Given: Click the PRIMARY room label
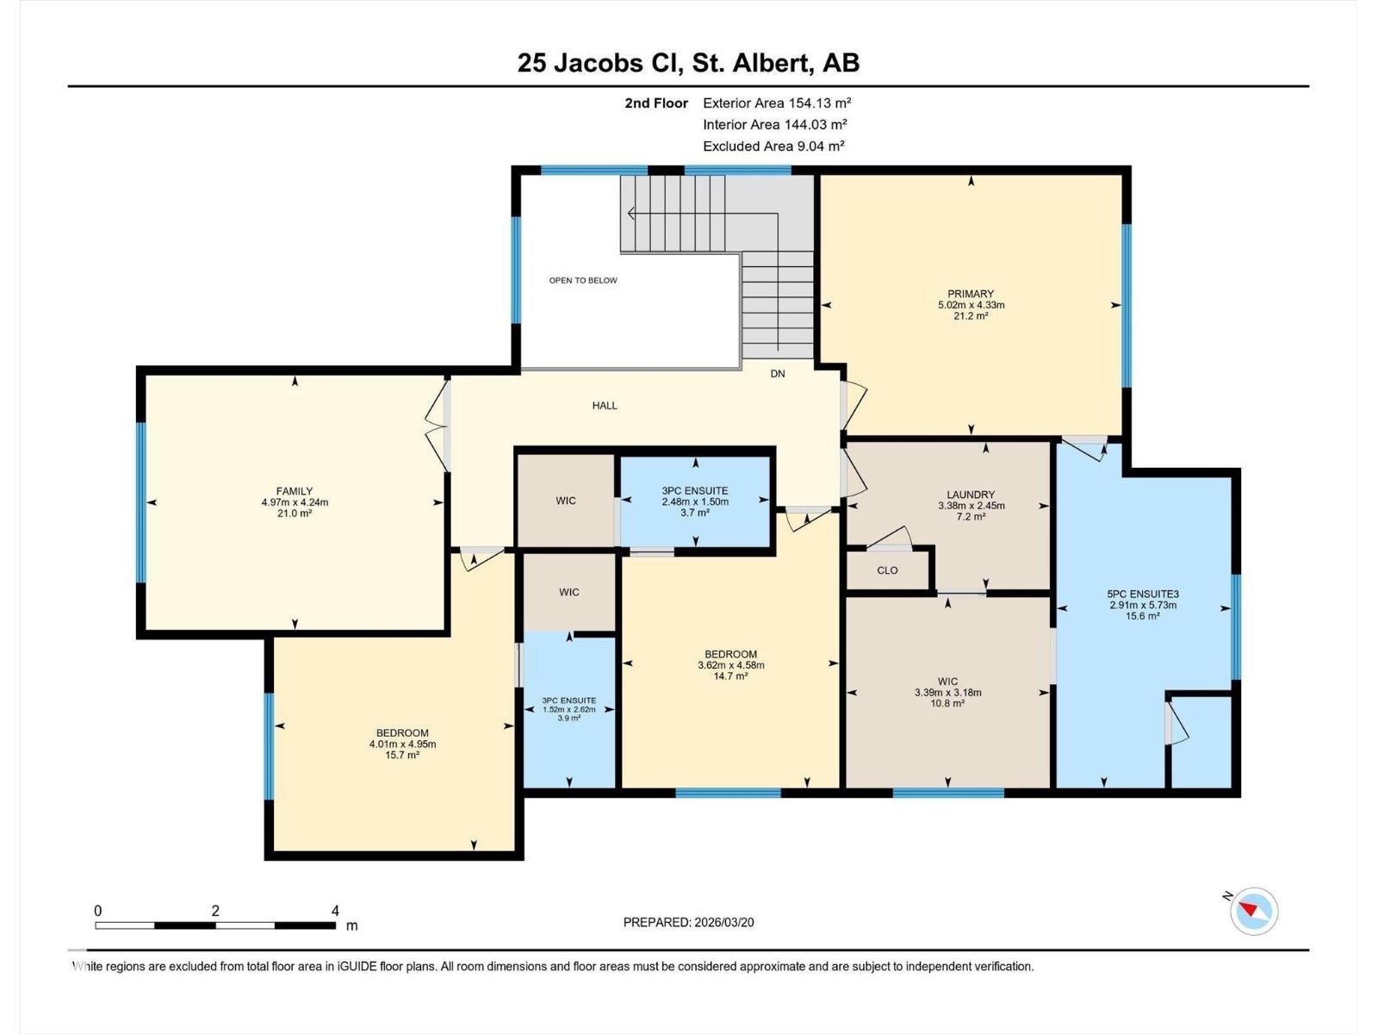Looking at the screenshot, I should pos(971,294).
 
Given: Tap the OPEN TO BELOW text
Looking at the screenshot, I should pos(583,280).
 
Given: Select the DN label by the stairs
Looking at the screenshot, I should pos(778,374).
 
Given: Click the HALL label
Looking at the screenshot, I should pos(605,405).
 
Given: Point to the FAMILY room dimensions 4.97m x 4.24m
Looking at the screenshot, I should pos(295,502).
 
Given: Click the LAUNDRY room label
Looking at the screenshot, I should pos(971,495).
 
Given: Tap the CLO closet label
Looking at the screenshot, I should pos(887,570).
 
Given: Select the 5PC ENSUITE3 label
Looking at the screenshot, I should pos(1143,594).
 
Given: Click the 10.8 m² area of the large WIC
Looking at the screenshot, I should pos(948,703).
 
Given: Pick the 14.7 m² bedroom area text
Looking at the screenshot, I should pos(730,676).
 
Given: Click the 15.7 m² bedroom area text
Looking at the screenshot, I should pos(402,755).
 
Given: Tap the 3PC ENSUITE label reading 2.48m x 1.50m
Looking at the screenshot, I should pos(695,501).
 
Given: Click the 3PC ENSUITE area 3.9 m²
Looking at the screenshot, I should pos(568,718).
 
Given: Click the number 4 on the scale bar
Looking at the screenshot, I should pos(335,911).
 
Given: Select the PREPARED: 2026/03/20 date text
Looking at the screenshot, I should pos(688,922).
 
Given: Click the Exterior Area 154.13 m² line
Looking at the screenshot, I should pos(777,103).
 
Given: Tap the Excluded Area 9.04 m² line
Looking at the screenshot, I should pos(773,146).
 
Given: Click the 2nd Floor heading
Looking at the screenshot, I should pos(656,103).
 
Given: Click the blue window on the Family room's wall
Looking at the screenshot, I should pos(141,502).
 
